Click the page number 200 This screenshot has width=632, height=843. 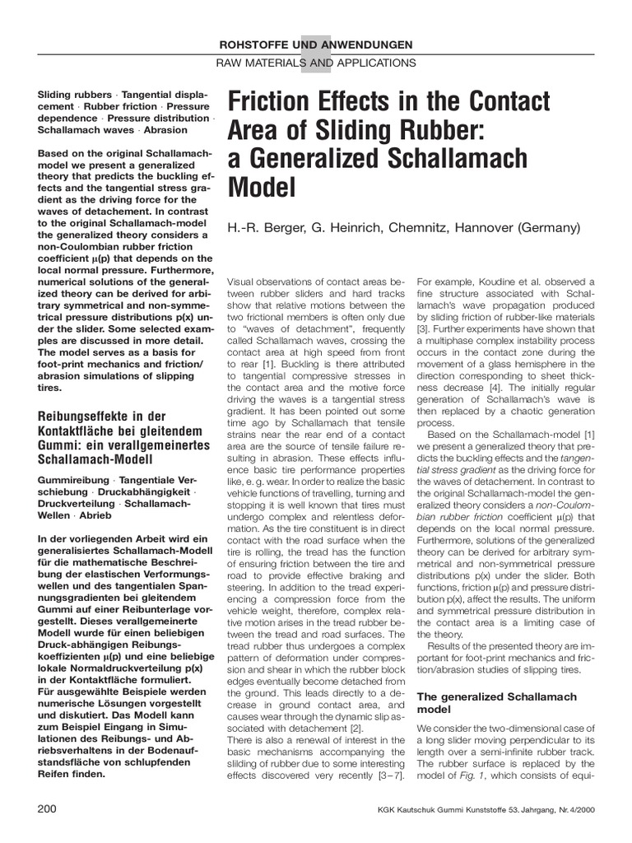tap(47, 809)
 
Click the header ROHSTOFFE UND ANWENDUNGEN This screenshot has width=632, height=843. tap(315, 44)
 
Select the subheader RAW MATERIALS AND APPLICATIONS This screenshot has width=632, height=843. tap(315, 63)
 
